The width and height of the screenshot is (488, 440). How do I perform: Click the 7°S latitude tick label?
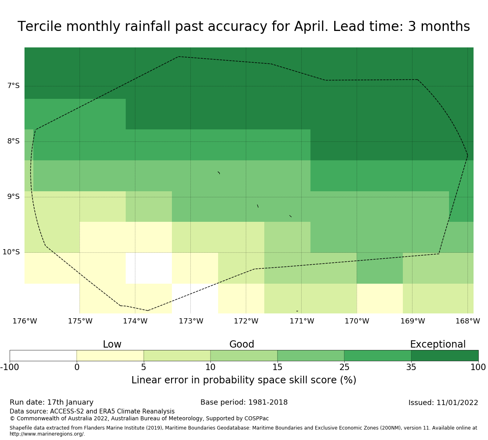pyautogui.click(x=13, y=86)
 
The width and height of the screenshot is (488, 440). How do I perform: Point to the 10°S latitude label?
pyautogui.click(x=11, y=252)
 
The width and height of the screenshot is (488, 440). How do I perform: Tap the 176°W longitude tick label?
pyautogui.click(x=25, y=321)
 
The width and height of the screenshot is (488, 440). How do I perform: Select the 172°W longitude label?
pyautogui.click(x=246, y=321)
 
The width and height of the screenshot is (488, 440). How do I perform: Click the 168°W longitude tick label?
pyautogui.click(x=468, y=321)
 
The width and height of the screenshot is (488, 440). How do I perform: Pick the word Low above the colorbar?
pyautogui.click(x=112, y=344)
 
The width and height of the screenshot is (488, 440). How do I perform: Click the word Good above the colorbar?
pyautogui.click(x=241, y=344)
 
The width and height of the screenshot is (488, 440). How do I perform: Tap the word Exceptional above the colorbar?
pyautogui.click(x=438, y=344)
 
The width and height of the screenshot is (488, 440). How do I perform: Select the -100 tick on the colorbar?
pyautogui.click(x=10, y=367)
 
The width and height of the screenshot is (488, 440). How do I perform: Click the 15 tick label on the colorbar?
pyautogui.click(x=277, y=367)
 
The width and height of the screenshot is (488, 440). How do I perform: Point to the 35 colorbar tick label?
pyautogui.click(x=411, y=367)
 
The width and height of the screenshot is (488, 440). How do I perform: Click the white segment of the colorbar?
pyautogui.click(x=43, y=356)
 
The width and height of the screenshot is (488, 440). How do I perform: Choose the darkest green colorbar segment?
pyautogui.click(x=445, y=356)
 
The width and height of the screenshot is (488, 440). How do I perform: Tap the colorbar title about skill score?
pyautogui.click(x=244, y=380)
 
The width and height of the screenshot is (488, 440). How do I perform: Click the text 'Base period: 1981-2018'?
pyautogui.click(x=244, y=402)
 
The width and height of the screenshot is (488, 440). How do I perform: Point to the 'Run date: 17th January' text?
pyautogui.click(x=51, y=403)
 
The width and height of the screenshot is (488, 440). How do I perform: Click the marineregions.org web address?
pyautogui.click(x=47, y=434)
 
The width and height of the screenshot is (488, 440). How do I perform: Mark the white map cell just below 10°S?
pyautogui.click(x=149, y=268)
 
